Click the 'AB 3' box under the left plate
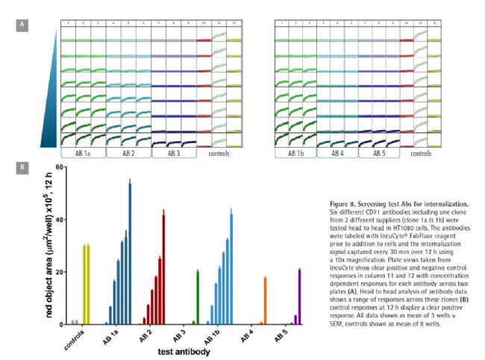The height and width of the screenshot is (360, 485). pyautogui.click(x=174, y=153)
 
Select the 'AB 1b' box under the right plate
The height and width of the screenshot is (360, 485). pyautogui.click(x=295, y=153)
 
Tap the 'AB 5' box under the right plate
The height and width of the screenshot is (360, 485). pyautogui.click(x=379, y=153)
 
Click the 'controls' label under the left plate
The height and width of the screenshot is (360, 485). pyautogui.click(x=219, y=154)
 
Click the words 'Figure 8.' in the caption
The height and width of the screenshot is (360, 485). pyautogui.click(x=345, y=203)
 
